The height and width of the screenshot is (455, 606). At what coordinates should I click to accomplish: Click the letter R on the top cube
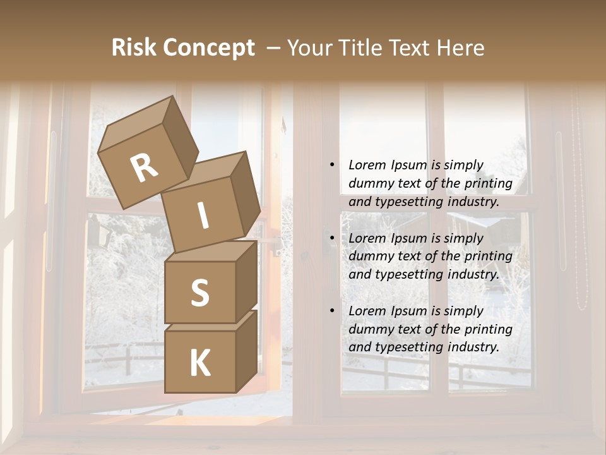pos(145,168)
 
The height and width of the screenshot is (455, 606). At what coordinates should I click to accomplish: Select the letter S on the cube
pos(200,292)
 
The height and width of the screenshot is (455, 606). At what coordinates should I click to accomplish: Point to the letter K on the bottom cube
pos(200,363)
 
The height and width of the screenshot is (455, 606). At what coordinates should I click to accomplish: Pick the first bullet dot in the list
pos(332,166)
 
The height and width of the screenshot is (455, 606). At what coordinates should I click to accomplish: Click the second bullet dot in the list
pos(332,238)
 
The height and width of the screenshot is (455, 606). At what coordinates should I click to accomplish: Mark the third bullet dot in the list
pos(332,311)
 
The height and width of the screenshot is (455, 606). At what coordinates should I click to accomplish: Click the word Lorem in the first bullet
pos(367,166)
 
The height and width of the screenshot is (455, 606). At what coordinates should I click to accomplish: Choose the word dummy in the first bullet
pos(369,184)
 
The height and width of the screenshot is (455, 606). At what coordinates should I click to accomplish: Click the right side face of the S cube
pos(246,281)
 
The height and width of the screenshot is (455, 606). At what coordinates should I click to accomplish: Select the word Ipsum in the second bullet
pos(408,238)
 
